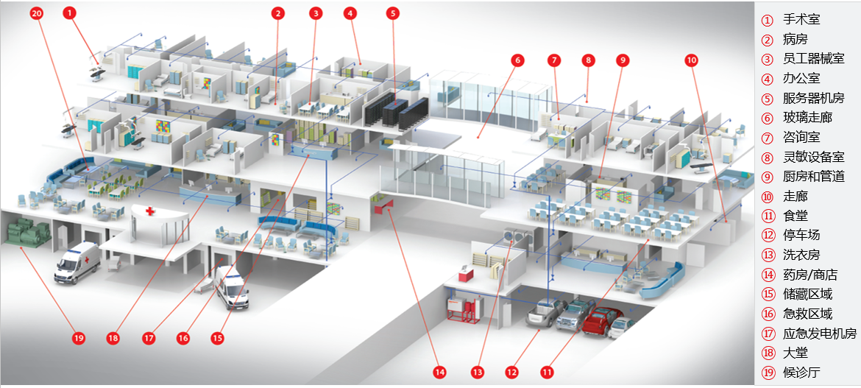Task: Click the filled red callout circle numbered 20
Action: pos(37,13)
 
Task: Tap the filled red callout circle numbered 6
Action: pos(517,60)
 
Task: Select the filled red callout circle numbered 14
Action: pos(439,372)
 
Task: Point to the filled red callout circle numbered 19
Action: pos(79,338)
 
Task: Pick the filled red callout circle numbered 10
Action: pos(691,60)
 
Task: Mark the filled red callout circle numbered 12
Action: pos(511,372)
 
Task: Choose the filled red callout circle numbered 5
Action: pos(393,13)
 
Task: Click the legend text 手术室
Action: pos(801,20)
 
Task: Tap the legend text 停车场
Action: pos(801,235)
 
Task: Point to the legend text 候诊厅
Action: pos(801,372)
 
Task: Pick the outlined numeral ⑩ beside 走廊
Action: pos(767,196)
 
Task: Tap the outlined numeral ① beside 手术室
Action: pos(767,21)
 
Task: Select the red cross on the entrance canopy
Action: pos(150,211)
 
